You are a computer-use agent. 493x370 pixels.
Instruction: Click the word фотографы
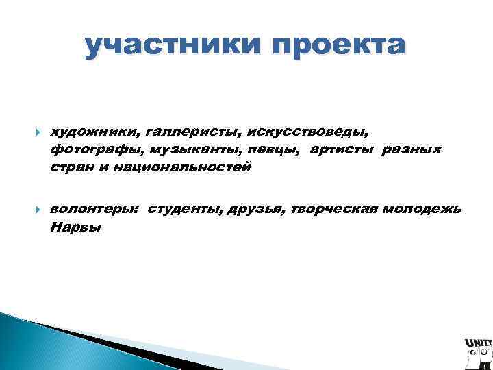86,149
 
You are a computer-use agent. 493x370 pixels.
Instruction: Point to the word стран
71,167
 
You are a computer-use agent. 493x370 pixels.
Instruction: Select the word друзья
254,209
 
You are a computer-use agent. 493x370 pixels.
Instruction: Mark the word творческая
332,209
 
